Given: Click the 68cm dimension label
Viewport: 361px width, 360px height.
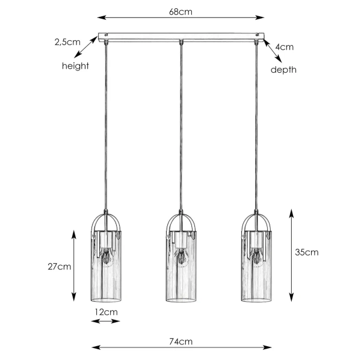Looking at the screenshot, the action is point(180,12).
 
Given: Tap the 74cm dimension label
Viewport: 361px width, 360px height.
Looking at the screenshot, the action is point(180,341).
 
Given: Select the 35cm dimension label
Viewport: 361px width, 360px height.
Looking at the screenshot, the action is point(307,252).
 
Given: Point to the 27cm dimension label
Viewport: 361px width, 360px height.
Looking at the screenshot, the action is point(60,267).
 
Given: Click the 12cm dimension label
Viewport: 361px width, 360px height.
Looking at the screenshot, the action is point(106,312).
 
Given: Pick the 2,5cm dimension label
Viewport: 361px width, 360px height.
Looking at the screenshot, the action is point(67,42).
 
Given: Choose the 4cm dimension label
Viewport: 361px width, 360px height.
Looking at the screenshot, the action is point(285,47).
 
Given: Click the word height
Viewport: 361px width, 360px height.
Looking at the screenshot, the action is point(75,66).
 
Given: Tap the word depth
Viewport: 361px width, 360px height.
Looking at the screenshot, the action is point(283,70).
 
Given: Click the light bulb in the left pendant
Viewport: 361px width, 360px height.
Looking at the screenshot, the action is point(106,257).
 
